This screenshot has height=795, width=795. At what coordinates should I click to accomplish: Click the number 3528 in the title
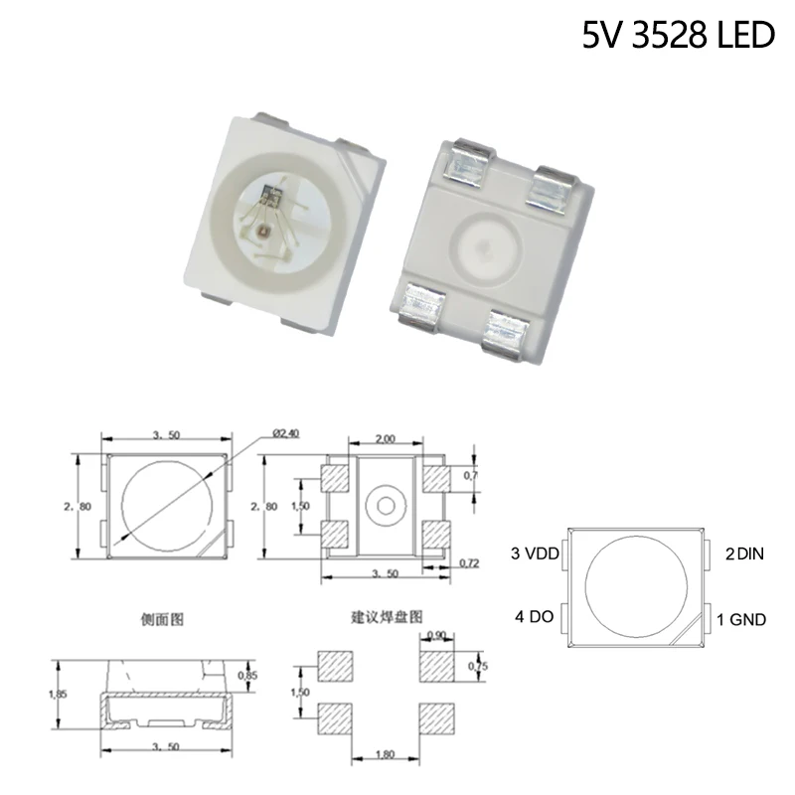(673, 36)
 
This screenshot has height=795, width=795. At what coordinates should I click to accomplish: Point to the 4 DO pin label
(533, 616)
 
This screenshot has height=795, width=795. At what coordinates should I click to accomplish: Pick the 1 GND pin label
(741, 619)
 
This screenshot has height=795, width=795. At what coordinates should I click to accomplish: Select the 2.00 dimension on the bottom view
(386, 438)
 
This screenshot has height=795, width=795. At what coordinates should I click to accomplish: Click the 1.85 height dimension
(62, 695)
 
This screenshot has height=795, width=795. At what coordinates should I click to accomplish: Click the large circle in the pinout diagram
(637, 587)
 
